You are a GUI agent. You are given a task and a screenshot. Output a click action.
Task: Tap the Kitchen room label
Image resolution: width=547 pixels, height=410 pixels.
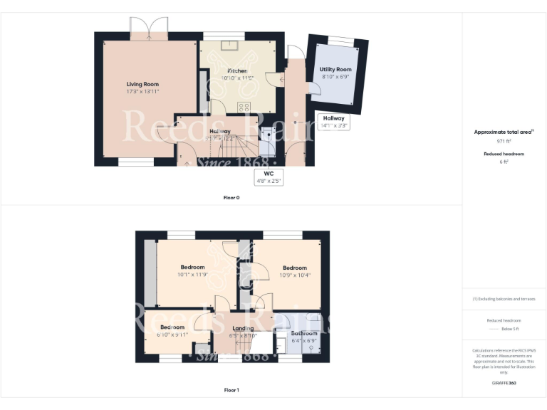237,71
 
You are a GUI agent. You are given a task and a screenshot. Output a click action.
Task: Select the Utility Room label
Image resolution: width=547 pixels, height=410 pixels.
335,70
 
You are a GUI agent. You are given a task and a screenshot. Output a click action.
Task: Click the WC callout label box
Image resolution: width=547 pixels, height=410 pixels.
269,177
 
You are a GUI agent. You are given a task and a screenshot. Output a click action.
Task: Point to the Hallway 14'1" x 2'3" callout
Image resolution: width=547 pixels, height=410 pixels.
333,122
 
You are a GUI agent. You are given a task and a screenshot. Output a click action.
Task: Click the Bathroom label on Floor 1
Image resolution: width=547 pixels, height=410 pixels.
304,333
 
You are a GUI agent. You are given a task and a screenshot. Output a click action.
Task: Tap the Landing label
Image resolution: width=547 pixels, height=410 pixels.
243,328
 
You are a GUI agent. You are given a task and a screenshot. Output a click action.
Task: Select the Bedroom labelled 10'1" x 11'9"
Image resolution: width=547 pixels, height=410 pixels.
192,268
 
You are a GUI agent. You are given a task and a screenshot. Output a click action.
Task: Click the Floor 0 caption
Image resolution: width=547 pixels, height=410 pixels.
231,197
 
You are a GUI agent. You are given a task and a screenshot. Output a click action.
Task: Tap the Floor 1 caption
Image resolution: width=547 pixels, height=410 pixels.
231,390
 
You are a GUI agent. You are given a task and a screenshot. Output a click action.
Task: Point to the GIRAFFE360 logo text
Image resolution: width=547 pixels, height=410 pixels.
504,383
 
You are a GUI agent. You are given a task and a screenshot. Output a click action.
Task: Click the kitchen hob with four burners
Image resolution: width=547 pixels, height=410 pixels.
244,107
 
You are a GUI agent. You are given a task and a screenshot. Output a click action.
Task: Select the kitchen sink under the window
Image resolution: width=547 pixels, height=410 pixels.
229,47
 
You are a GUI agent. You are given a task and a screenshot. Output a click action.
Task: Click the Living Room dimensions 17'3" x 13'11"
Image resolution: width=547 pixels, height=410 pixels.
142,92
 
